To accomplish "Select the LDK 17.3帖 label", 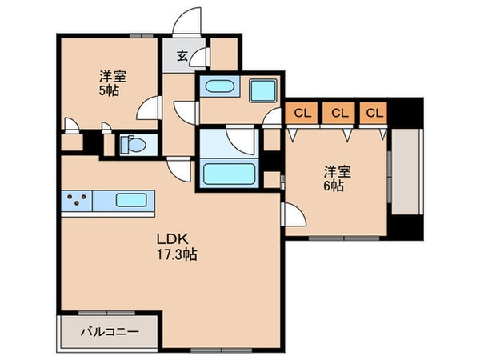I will pyautogui.click(x=176, y=246).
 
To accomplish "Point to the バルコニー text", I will pyautogui.click(x=110, y=330).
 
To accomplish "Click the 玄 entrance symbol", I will pyautogui.click(x=182, y=56).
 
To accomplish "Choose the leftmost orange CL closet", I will pyautogui.click(x=302, y=113).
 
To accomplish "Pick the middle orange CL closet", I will pyautogui.click(x=339, y=113).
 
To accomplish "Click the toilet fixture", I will pyautogui.click(x=131, y=145).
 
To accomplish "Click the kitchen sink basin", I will pyautogui.click(x=132, y=200).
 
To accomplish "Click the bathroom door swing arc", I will pyautogui.click(x=241, y=141).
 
